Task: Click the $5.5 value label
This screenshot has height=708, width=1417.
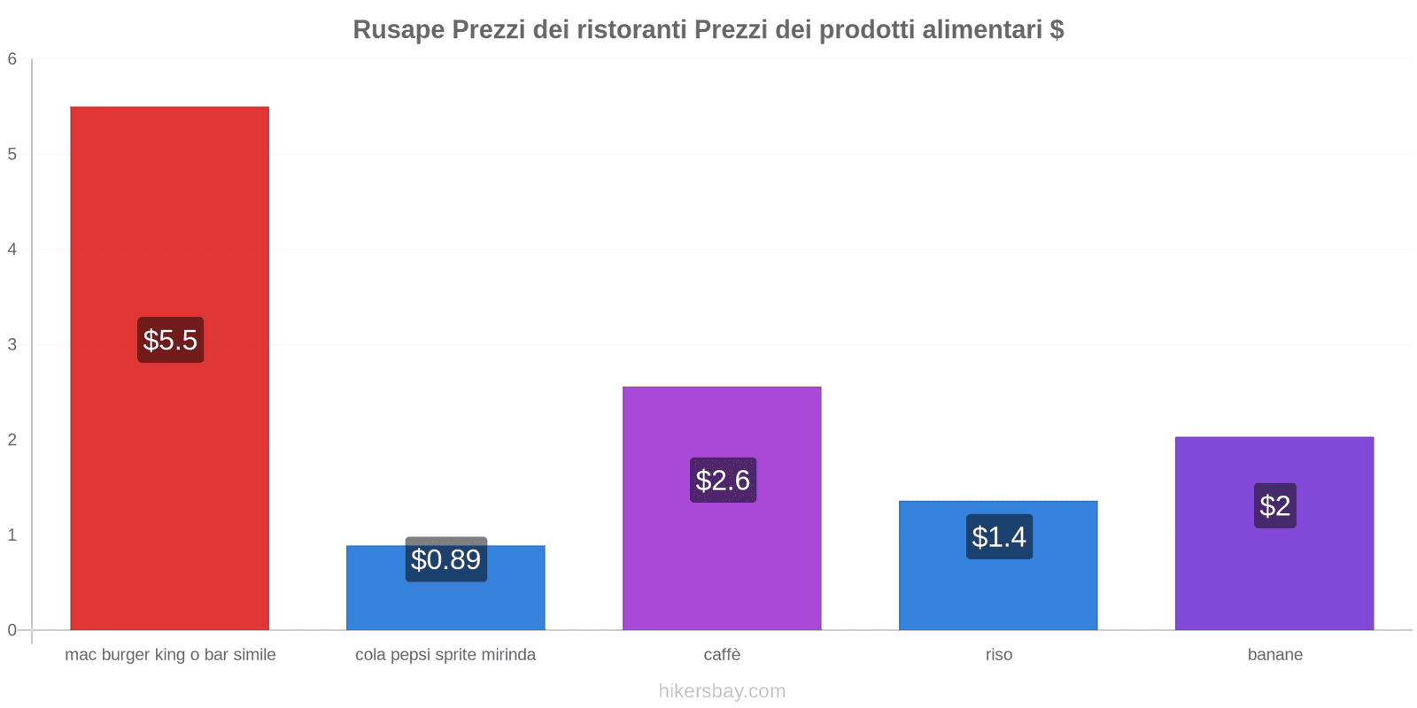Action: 170,340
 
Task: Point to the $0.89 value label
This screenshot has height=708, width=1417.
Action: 445,559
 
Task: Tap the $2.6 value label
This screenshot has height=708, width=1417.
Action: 723,480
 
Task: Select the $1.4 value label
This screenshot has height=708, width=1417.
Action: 999,536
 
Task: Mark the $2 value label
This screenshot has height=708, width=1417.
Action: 1274,505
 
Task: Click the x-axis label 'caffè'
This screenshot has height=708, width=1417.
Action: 722,655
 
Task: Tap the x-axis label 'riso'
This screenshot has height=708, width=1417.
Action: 998,655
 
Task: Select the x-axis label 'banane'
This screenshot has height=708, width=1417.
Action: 1274,655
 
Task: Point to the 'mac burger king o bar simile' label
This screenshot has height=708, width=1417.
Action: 170,655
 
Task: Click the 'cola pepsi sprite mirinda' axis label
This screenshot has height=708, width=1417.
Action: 445,655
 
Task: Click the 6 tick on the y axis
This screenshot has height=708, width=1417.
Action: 12,59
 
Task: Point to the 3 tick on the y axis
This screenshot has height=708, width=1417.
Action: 12,344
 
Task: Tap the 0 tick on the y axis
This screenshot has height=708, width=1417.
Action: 12,630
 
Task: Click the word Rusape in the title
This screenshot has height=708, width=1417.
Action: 399,30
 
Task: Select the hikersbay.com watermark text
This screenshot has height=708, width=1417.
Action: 722,691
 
